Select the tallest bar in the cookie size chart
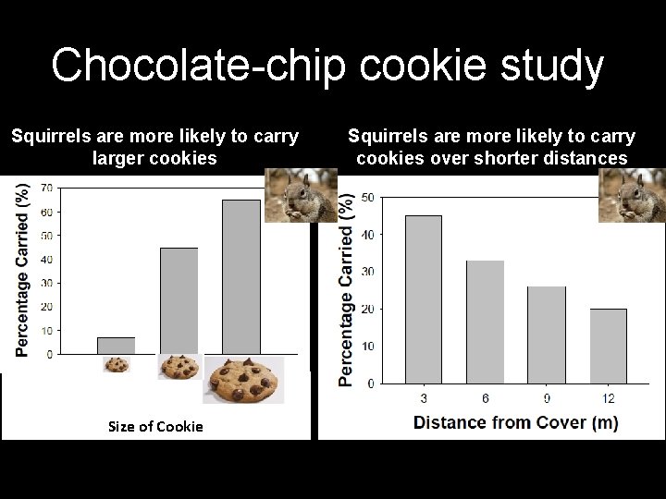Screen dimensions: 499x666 pyautogui.click(x=241, y=276)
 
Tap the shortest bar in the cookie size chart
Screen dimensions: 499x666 pyautogui.click(x=117, y=346)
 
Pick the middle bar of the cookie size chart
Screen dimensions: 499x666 pyautogui.click(x=179, y=300)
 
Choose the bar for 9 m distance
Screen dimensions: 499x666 pyautogui.click(x=547, y=335)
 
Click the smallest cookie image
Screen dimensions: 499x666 pyautogui.click(x=117, y=365)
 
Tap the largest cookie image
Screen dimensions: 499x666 pyautogui.click(x=243, y=380)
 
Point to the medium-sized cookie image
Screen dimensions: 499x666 pyautogui.click(x=179, y=367)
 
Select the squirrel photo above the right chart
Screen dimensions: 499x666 pyautogui.click(x=632, y=195)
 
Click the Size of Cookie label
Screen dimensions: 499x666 pyautogui.click(x=155, y=426)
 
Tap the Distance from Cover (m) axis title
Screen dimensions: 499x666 pyautogui.click(x=515, y=422)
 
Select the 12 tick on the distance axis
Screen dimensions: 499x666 pyautogui.click(x=608, y=398)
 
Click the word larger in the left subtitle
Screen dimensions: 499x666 pyautogui.click(x=122, y=158)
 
